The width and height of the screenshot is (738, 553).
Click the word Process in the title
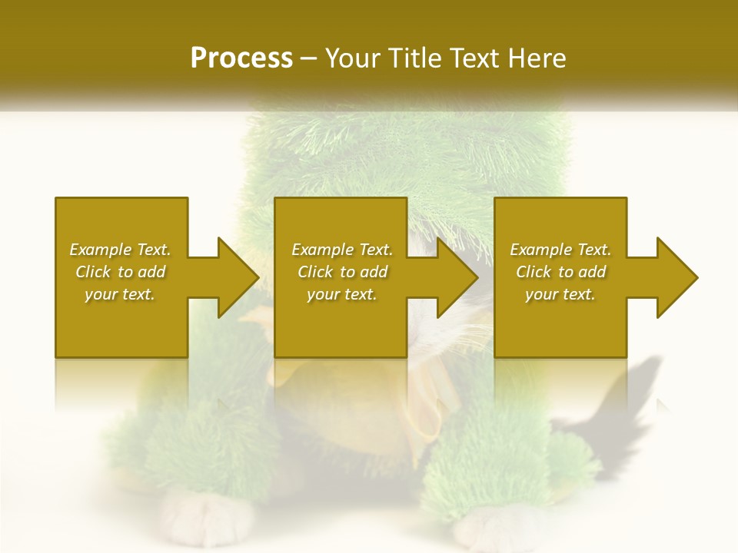[241, 58]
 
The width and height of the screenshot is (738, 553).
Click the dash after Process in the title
[309, 59]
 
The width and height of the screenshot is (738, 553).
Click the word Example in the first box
[100, 250]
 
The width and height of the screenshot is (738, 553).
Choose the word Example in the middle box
[322, 250]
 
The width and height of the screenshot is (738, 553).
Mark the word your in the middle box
[323, 294]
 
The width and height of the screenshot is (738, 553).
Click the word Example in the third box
[540, 250]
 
